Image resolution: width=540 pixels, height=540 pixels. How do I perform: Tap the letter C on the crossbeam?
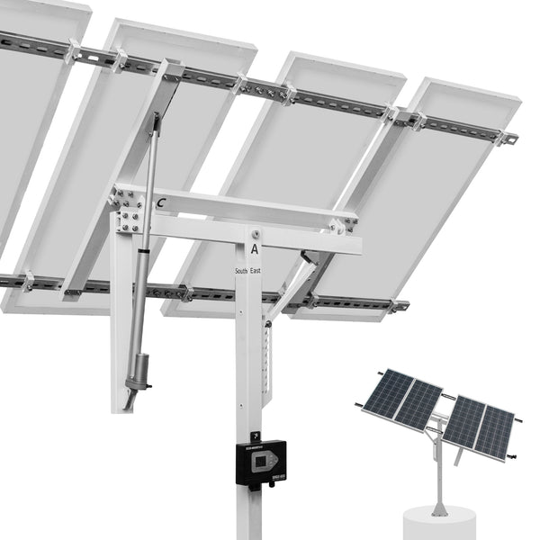coord(159,204)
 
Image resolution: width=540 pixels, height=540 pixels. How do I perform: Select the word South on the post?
coord(241,270)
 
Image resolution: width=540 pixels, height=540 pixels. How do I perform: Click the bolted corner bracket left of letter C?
coord(126,202)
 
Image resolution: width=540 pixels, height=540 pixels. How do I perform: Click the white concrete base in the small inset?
coord(440,524)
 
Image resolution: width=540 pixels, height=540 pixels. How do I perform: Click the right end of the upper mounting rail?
coord(508,138)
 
